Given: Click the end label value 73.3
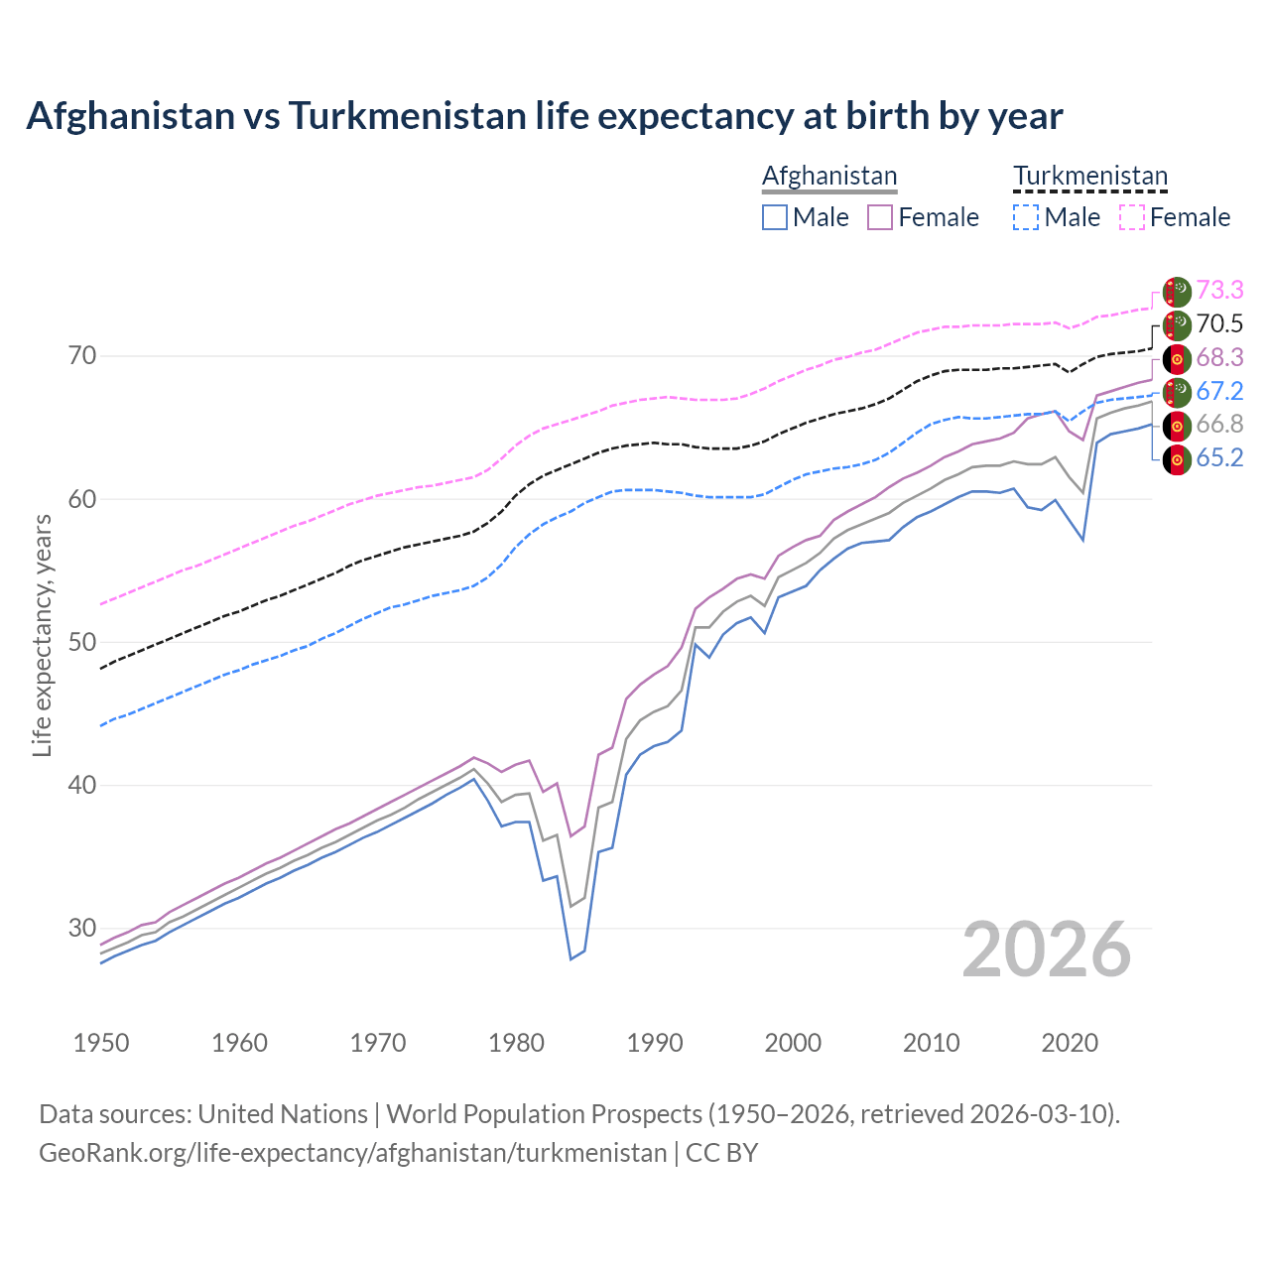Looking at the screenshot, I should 1219,290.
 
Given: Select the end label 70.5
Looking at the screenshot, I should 1219,323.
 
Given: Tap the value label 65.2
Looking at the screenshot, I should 1219,457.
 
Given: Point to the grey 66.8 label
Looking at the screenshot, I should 1219,424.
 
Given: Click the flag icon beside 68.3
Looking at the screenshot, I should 1177,358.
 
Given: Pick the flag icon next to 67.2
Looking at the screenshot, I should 1177,392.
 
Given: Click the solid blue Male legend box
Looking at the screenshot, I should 775,217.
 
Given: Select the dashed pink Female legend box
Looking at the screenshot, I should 1132,217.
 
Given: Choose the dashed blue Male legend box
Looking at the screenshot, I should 1026,217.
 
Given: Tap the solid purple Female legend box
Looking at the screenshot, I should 880,217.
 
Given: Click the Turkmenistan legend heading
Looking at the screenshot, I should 1090,176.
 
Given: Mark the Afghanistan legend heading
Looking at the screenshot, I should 829,176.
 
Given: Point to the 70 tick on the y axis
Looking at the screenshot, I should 81,355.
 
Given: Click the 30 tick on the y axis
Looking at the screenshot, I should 81,929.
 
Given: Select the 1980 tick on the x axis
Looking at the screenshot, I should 517,1043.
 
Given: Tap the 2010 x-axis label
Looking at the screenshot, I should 932,1043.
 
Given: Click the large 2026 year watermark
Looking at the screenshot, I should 1047,950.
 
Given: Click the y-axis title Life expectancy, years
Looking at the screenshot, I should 43,635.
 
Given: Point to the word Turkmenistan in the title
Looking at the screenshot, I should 407,116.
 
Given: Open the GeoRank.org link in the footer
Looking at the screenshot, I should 352,1153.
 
